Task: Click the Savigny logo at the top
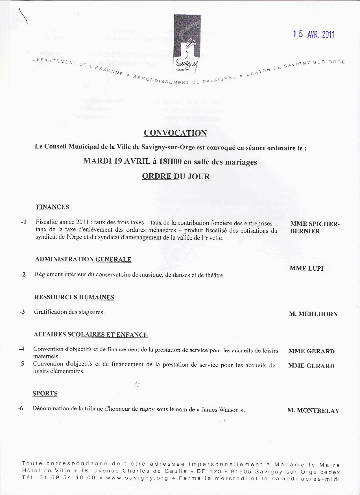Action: click(x=187, y=44)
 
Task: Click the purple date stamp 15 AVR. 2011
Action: click(x=313, y=34)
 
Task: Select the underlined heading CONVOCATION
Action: click(x=175, y=133)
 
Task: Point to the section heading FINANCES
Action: click(x=53, y=207)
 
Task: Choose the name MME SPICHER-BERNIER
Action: click(x=315, y=227)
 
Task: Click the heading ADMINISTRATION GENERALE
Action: click(x=83, y=259)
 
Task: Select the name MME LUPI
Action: click(x=306, y=268)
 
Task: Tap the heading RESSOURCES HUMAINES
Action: click(x=74, y=297)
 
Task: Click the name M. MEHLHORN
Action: click(x=313, y=314)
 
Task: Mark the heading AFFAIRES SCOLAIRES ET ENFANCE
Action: click(x=91, y=335)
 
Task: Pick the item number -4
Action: click(x=21, y=349)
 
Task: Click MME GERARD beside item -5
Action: click(x=311, y=366)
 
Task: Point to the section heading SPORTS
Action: click(x=45, y=393)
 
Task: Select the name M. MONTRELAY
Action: click(x=313, y=411)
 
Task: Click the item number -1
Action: click(x=24, y=222)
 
